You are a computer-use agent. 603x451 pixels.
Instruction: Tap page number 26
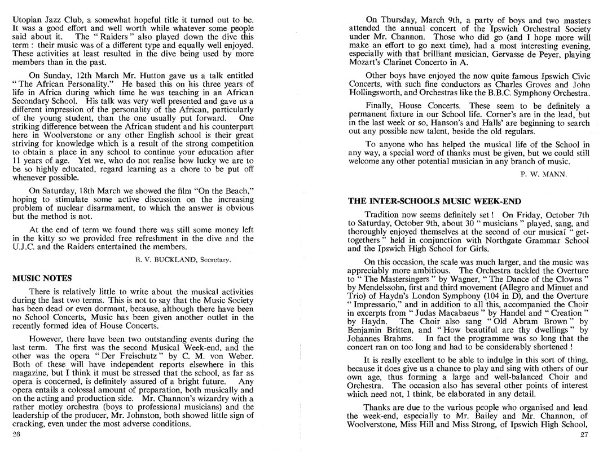point(16,435)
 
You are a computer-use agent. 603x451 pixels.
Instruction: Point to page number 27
point(584,435)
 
